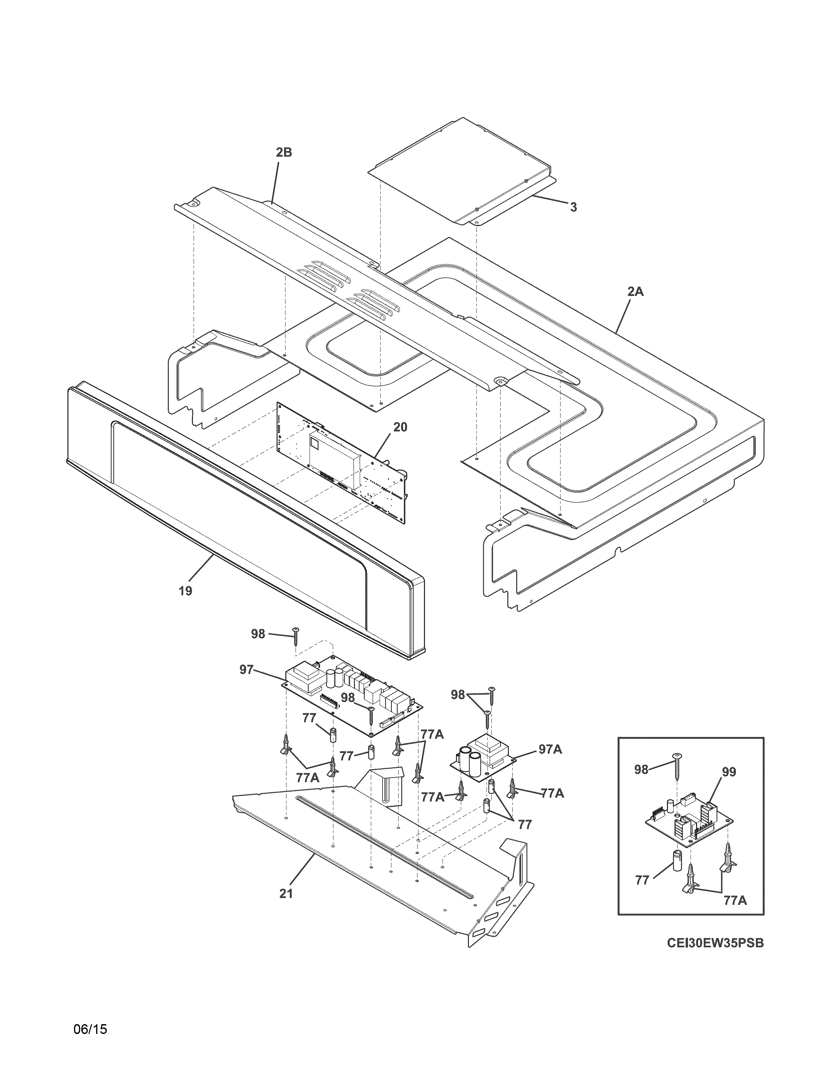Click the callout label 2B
(x=284, y=153)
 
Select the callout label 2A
(x=635, y=292)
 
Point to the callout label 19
(x=186, y=591)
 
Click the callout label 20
(x=400, y=427)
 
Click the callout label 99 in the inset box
(x=729, y=772)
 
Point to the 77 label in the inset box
(x=642, y=880)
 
